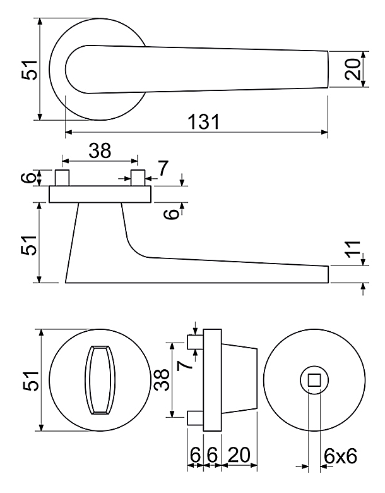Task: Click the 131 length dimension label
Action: [x=204, y=121]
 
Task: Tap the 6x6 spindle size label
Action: [x=340, y=456]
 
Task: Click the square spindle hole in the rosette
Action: [x=314, y=380]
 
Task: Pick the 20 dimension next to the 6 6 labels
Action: [x=239, y=454]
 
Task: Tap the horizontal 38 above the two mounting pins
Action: [x=100, y=150]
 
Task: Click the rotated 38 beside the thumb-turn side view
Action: [x=162, y=379]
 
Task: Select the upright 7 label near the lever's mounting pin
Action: [x=163, y=168]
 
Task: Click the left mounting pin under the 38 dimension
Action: [x=62, y=178]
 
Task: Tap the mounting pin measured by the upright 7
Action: [x=138, y=178]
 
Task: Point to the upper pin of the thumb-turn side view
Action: [x=195, y=342]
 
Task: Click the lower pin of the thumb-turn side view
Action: [x=195, y=418]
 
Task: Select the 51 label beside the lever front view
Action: [x=30, y=70]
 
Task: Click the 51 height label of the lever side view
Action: [x=29, y=245]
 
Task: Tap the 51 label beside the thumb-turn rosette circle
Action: [x=30, y=380]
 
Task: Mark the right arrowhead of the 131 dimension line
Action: [x=324, y=132]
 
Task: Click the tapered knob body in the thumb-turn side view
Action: [x=239, y=380]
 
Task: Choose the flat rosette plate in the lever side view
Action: [x=100, y=194]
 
